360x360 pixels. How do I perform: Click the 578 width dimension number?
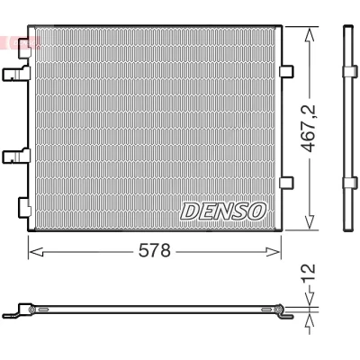(x=154, y=250)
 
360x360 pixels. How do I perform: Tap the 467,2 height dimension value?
(x=309, y=128)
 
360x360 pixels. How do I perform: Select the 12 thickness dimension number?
(x=309, y=274)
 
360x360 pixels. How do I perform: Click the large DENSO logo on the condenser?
(x=223, y=211)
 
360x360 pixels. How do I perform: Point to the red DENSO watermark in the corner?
(x=21, y=42)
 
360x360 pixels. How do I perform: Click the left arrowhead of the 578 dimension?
(x=36, y=252)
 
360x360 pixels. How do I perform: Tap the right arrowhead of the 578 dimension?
(x=273, y=252)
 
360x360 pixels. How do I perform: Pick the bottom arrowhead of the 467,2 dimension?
(x=310, y=222)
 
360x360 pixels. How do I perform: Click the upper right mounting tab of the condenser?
(x=286, y=71)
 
